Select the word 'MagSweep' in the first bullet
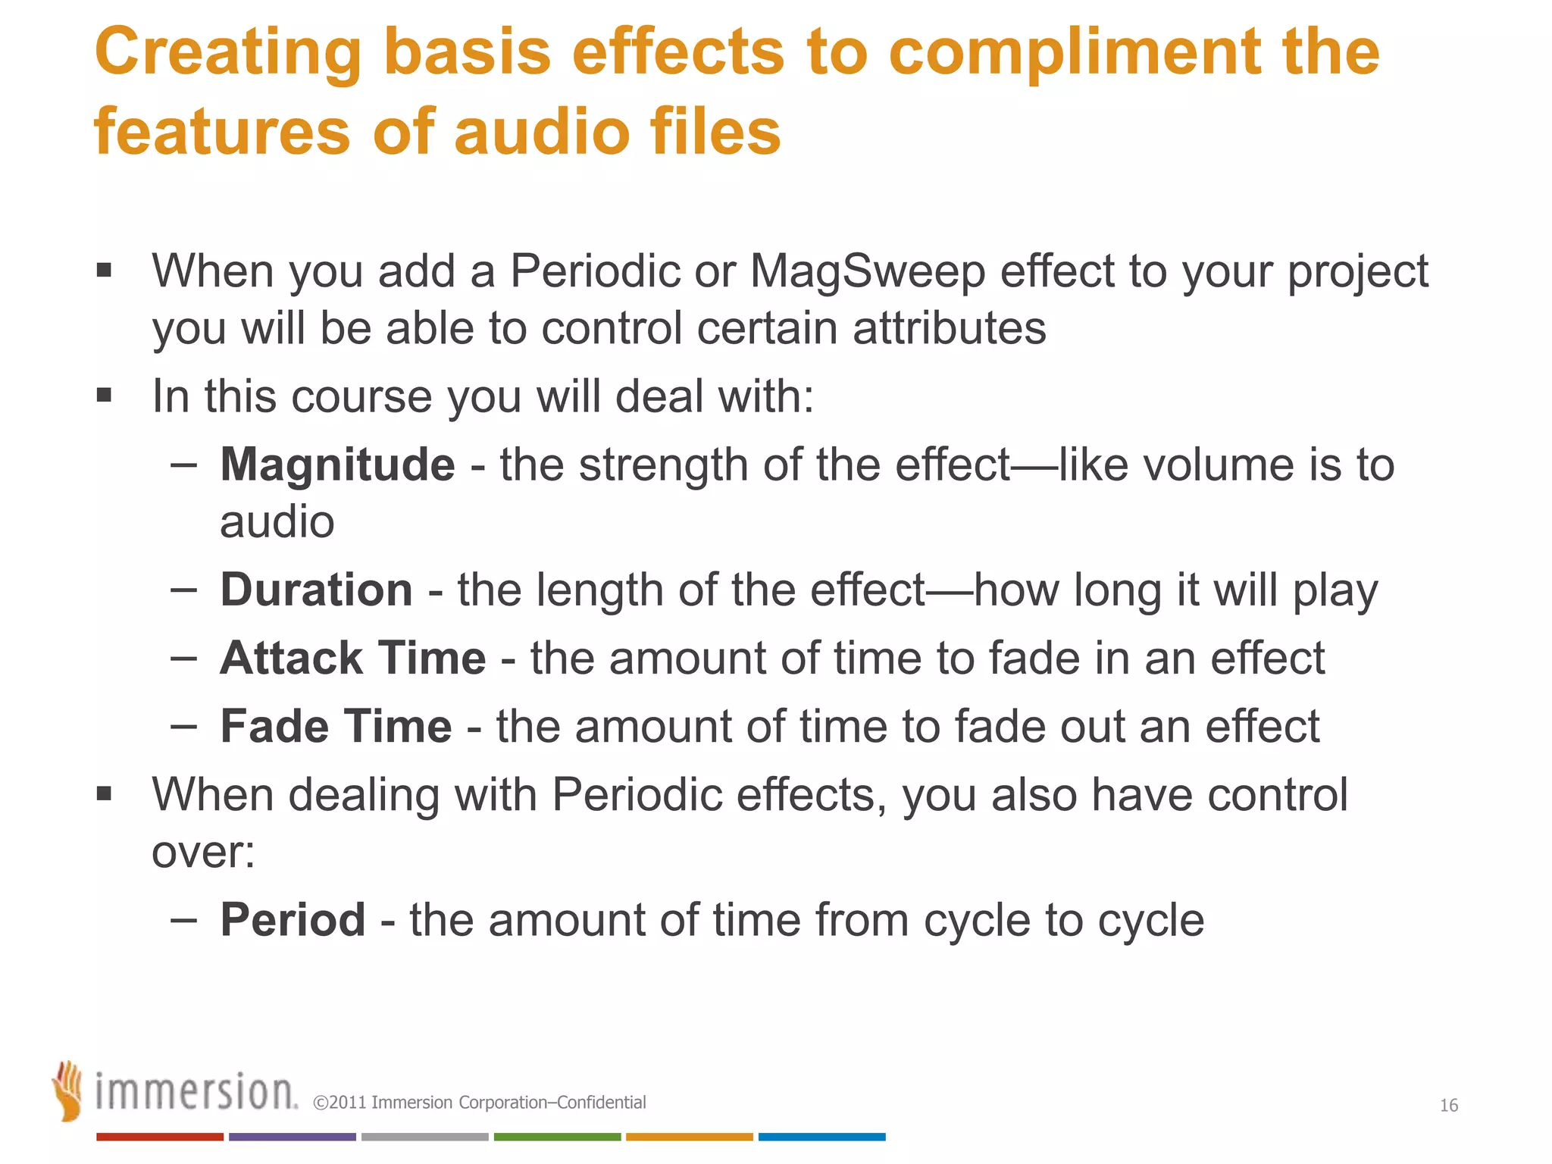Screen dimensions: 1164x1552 click(867, 271)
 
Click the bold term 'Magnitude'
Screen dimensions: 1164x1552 click(337, 465)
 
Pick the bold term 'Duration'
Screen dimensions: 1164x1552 click(316, 590)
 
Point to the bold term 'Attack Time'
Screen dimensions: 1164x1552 click(352, 658)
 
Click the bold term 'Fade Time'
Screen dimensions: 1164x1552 click(336, 726)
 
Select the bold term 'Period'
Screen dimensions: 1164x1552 click(293, 920)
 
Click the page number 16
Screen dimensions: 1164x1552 click(1448, 1106)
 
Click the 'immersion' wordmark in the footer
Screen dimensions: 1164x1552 click(196, 1093)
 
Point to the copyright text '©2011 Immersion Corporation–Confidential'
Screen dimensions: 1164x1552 click(479, 1103)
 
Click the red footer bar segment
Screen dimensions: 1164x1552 click(159, 1137)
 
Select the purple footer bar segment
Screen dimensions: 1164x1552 click(292, 1137)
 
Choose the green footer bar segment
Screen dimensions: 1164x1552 click(557, 1137)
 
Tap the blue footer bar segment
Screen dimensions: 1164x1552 click(821, 1137)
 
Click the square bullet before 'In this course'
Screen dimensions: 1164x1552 click(105, 395)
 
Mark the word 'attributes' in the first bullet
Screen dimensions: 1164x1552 click(949, 329)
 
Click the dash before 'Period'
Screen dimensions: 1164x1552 click(183, 919)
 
